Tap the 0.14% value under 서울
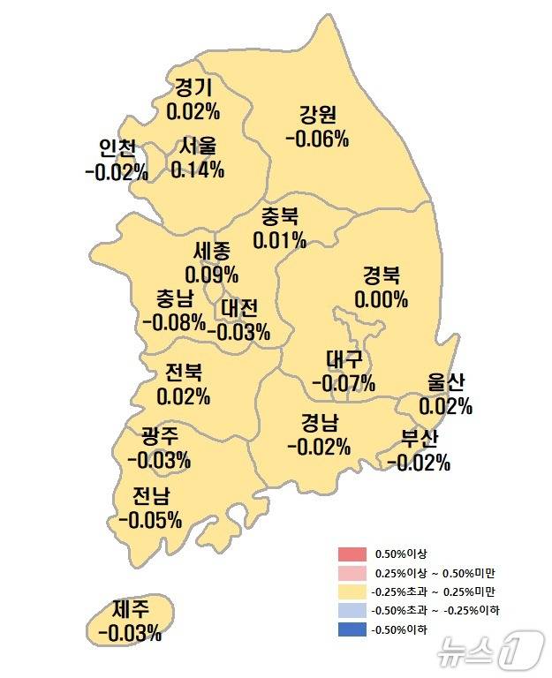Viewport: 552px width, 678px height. [197, 169]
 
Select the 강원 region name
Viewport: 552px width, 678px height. [317, 115]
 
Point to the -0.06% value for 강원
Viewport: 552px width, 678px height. [317, 139]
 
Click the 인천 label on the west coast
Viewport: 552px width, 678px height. [117, 148]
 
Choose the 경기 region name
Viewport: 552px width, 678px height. [193, 88]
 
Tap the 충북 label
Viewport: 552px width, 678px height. [280, 216]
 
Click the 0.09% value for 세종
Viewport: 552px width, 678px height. [211, 275]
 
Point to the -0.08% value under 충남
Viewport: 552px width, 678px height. [173, 320]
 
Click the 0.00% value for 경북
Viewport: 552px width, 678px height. [382, 299]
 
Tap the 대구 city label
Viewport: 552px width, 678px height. [344, 360]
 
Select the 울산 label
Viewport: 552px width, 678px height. [445, 383]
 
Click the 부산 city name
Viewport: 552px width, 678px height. [419, 439]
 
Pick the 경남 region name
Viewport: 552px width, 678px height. [318, 423]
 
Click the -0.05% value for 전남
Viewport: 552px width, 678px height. [150, 519]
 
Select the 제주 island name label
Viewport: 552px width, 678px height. [130, 609]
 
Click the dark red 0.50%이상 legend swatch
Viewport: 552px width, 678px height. [351, 554]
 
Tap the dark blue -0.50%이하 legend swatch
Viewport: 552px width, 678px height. [351, 629]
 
